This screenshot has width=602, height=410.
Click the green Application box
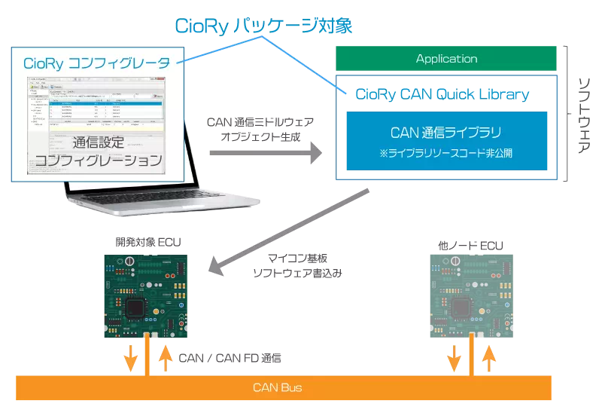446,59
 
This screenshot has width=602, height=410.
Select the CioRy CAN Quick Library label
442,94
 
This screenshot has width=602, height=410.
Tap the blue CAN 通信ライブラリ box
446,140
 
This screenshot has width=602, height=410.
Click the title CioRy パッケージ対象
263,26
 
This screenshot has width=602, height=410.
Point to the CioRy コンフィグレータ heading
96,63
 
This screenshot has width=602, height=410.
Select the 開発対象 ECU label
148,243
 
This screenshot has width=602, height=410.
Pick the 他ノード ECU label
470,246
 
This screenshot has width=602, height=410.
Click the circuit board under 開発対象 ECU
147,294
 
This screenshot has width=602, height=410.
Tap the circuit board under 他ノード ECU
471,295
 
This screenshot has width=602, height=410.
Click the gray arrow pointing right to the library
264,153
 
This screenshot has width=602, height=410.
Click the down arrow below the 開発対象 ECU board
130,357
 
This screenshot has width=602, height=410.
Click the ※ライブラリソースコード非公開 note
446,155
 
